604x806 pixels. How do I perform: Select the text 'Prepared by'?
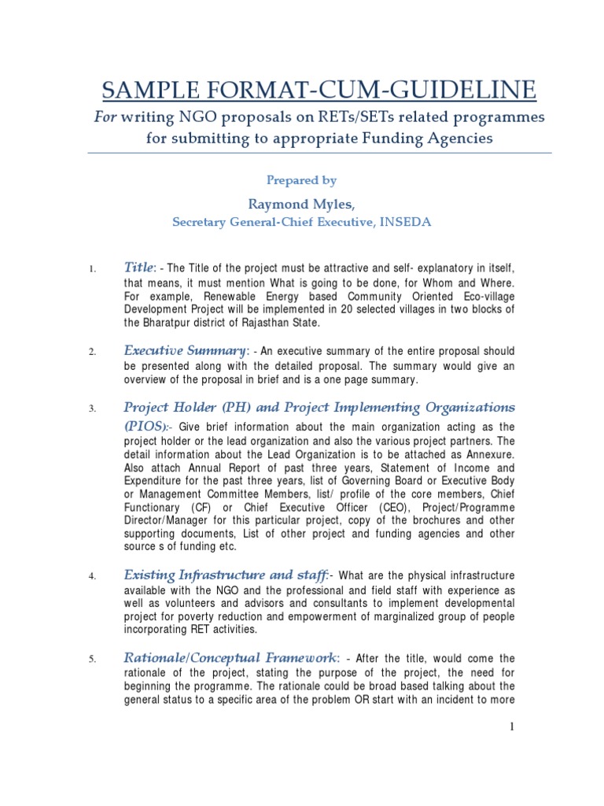click(x=301, y=180)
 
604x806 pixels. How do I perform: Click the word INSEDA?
click(x=406, y=222)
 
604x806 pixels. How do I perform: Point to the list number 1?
click(x=92, y=270)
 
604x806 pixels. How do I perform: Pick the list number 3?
click(x=92, y=409)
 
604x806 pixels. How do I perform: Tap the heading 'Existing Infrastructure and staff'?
click(x=225, y=576)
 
